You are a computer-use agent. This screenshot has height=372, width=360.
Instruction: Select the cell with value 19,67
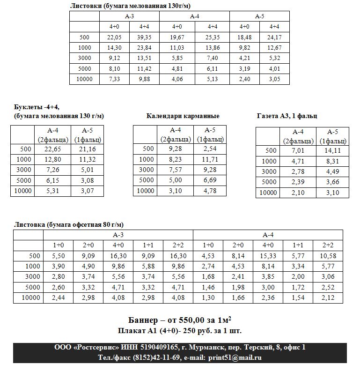coord(177,37)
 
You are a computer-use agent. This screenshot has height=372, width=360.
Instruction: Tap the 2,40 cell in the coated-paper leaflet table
coord(244,79)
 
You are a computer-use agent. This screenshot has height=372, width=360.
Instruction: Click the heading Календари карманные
coord(183,116)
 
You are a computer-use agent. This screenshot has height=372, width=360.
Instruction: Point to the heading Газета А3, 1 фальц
coord(287,116)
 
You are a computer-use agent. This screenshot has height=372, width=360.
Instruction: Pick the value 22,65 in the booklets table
coord(53,149)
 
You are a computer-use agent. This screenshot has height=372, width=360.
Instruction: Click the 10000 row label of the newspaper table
coord(268,193)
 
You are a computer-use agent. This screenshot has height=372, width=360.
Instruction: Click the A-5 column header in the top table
coord(259,16)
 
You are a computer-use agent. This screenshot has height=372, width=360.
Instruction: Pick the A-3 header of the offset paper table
coord(118,234)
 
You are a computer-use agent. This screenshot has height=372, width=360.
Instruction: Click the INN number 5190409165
coord(156,347)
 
